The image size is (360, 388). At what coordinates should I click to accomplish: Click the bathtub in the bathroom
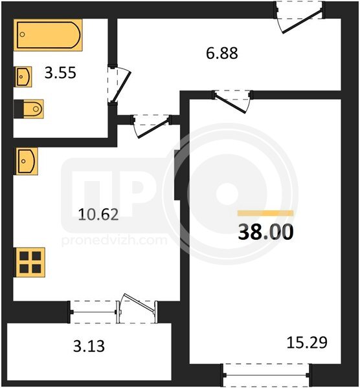(x=48, y=35)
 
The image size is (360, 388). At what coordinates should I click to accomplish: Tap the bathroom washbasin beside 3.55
(x=23, y=77)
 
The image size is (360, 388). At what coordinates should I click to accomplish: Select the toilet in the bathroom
(x=28, y=109)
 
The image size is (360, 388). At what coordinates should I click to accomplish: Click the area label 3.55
(x=60, y=73)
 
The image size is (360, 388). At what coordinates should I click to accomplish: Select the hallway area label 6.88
(x=221, y=53)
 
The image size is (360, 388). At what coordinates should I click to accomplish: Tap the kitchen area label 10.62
(x=98, y=214)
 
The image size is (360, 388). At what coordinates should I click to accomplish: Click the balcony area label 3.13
(x=89, y=346)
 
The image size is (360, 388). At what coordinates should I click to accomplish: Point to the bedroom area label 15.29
(x=307, y=343)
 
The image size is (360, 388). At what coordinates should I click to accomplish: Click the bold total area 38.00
(x=265, y=232)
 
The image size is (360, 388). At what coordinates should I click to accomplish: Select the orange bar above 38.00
(x=265, y=213)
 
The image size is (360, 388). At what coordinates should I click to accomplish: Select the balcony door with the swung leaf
(x=138, y=308)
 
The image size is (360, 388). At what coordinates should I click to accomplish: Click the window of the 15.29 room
(x=266, y=375)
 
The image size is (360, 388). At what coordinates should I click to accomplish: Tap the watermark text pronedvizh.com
(x=114, y=241)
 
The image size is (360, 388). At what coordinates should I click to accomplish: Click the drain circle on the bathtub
(x=22, y=34)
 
